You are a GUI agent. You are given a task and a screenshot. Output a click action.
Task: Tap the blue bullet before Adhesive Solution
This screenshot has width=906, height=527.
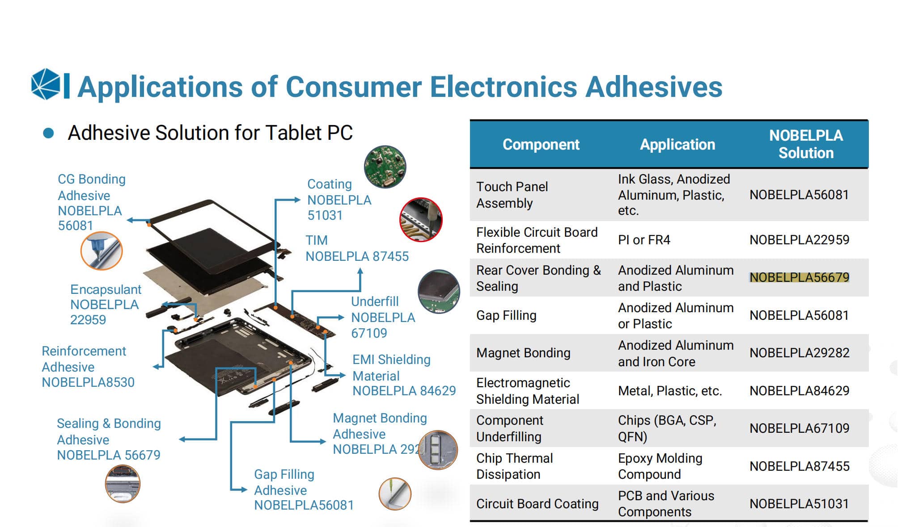(48, 133)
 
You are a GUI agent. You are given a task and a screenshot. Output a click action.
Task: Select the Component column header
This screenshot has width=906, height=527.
(541, 144)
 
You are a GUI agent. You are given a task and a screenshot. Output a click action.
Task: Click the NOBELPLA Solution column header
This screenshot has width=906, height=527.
(805, 144)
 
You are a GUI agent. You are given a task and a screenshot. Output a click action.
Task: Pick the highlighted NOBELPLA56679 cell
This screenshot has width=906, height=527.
(799, 277)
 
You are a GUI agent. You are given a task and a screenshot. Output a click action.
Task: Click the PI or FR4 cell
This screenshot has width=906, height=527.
(644, 240)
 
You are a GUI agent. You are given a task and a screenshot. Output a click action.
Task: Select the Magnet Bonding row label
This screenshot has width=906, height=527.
(523, 353)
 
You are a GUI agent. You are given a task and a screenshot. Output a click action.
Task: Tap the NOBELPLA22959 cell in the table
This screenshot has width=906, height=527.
(799, 240)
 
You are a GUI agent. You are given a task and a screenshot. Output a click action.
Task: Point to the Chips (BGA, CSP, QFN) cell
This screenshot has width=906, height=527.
(667, 428)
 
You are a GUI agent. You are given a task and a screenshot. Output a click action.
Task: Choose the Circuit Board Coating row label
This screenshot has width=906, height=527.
(537, 504)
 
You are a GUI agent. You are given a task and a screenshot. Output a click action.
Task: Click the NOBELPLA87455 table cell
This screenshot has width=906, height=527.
(799, 466)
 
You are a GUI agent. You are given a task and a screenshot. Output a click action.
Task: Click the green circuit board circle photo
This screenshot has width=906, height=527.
(385, 166)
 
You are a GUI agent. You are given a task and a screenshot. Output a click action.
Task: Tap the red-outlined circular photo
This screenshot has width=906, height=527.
(421, 220)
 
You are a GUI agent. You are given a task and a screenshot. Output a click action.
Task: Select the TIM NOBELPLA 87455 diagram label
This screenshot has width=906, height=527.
(356, 248)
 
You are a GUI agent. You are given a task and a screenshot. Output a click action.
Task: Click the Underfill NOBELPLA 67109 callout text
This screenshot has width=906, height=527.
(383, 317)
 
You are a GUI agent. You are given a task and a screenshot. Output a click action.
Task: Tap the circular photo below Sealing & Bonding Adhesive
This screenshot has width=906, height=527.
(123, 484)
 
